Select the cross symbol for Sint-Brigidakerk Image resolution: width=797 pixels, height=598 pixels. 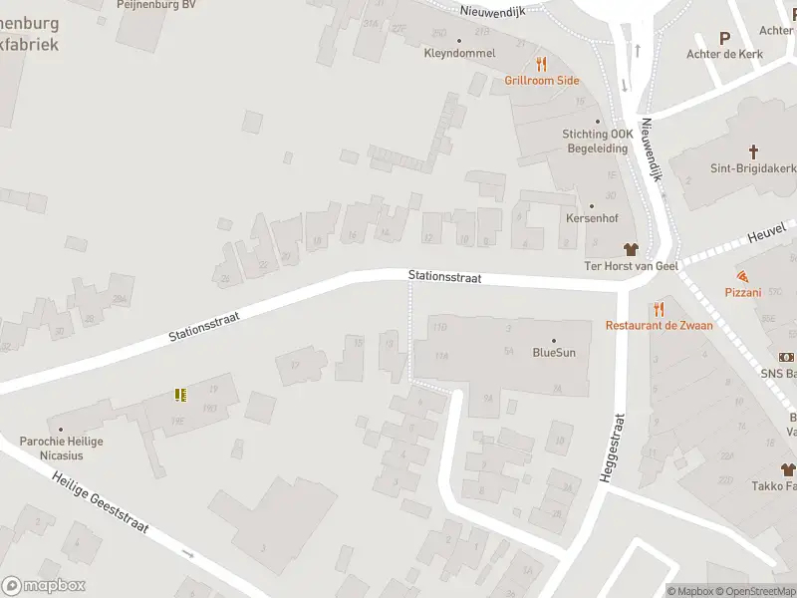coord(753,152)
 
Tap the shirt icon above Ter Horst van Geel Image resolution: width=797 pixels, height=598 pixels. coord(630,248)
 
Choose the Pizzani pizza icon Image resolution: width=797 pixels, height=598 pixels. coord(742,275)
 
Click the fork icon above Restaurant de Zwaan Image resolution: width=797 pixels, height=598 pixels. coord(658,309)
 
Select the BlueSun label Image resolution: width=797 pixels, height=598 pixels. coord(554,352)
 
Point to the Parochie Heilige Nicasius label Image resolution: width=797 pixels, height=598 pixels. coord(61,448)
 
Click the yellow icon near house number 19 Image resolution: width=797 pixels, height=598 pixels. coord(180,395)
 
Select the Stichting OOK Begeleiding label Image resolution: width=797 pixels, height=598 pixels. coord(598,141)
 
